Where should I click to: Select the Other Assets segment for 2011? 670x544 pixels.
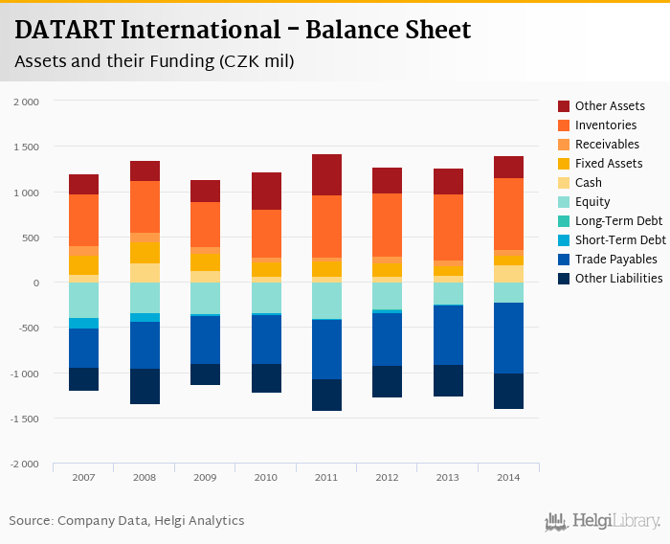pos(325,174)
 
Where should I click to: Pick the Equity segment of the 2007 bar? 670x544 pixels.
pos(83,300)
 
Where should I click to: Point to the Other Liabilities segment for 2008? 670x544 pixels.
pos(145,386)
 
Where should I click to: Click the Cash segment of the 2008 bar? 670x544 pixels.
pos(145,273)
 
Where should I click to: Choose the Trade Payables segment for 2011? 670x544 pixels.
pos(325,349)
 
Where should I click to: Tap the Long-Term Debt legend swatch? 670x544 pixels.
pos(565,221)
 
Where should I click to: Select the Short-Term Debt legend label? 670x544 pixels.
pos(620,240)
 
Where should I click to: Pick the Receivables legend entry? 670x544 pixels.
pos(608,145)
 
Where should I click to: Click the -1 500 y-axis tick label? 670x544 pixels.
pos(24,419)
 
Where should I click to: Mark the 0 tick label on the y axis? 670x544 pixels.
pos(35,283)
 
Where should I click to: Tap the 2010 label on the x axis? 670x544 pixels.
pos(265,477)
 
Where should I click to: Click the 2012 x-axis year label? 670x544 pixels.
pos(388,477)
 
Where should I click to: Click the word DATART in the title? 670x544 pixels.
pos(60,30)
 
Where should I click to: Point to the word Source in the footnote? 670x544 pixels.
pos(31,521)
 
